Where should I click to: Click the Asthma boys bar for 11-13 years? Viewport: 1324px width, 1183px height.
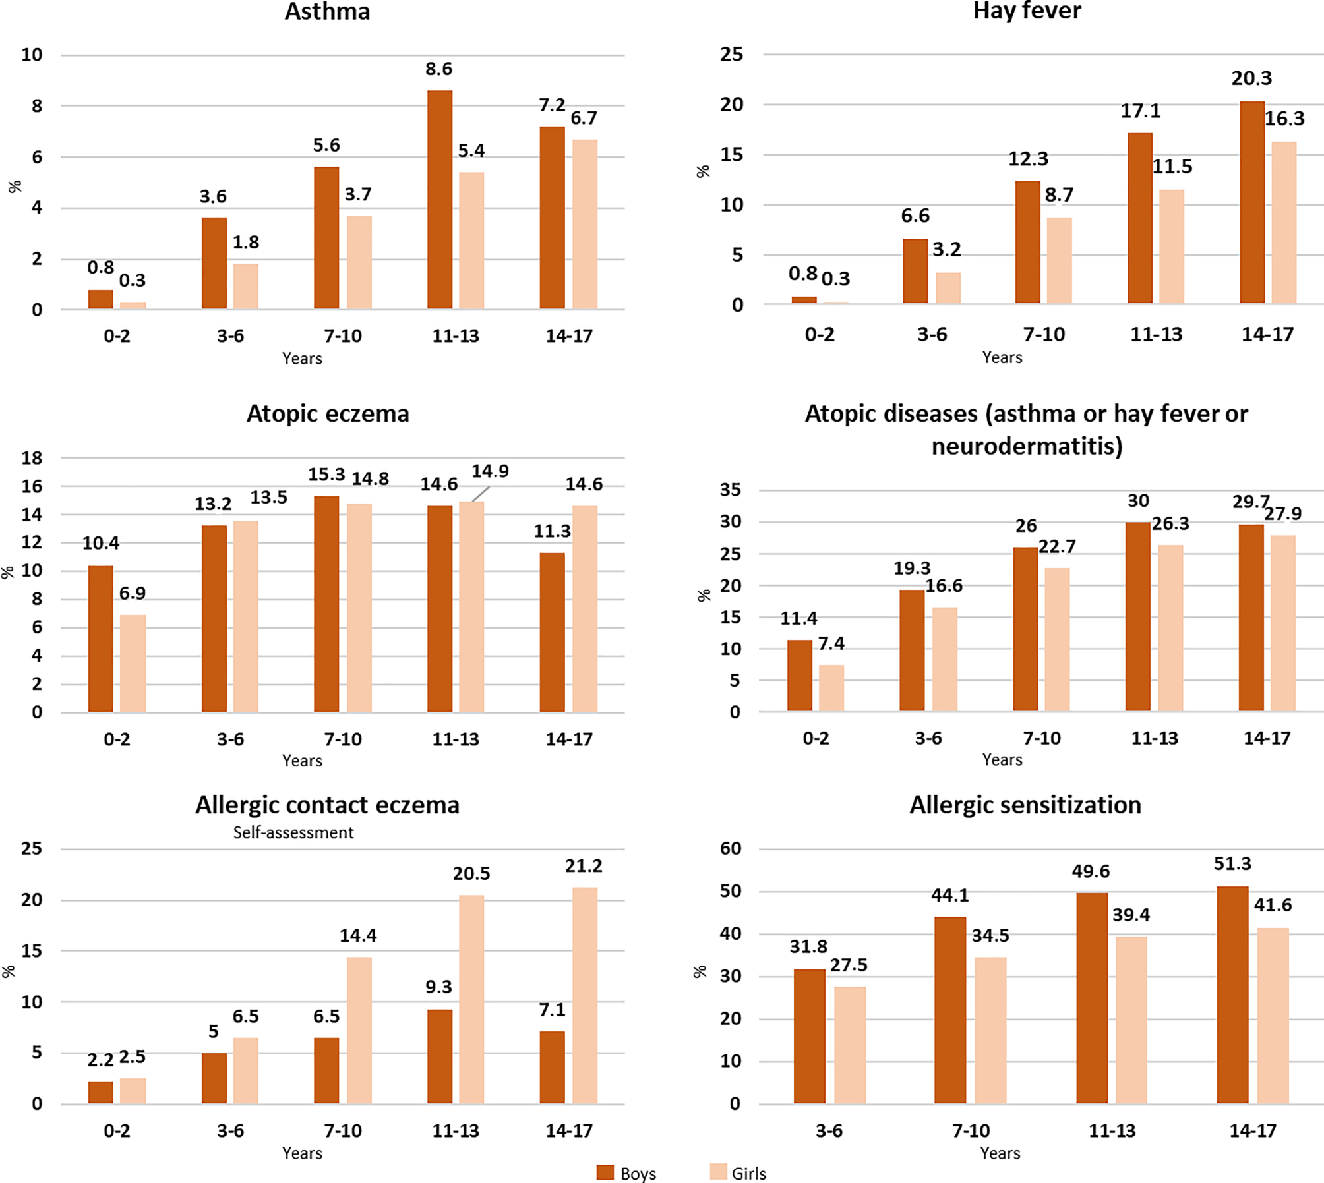click(440, 200)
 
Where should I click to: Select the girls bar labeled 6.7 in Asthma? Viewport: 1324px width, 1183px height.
click(584, 224)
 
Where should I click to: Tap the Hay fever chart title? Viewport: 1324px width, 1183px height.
click(1027, 11)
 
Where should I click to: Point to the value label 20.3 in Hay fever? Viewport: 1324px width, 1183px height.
click(1251, 78)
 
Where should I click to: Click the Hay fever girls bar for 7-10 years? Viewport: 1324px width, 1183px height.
click(1059, 260)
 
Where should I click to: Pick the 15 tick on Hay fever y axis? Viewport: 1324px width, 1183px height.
click(731, 155)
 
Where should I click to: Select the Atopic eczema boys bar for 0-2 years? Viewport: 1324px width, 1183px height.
click(101, 639)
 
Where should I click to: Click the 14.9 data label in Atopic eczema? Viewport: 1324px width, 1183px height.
click(490, 471)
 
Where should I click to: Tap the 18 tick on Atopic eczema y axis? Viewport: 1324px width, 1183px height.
click(32, 458)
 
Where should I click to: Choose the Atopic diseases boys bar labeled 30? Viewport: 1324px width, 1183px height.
click(1138, 616)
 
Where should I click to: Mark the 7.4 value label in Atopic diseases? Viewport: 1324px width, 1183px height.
click(831, 643)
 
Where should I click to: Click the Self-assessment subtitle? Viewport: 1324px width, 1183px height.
click(293, 832)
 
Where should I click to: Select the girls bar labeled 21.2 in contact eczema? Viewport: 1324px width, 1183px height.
click(584, 995)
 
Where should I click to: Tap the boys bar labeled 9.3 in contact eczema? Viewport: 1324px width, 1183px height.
click(440, 1056)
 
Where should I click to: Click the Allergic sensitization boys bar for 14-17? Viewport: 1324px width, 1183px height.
click(1232, 995)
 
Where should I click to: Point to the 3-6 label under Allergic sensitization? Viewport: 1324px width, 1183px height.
click(829, 1131)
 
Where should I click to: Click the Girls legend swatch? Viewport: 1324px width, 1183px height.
click(718, 1172)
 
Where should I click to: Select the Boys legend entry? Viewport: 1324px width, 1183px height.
click(626, 1173)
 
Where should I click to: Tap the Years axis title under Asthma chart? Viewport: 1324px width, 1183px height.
click(302, 359)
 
